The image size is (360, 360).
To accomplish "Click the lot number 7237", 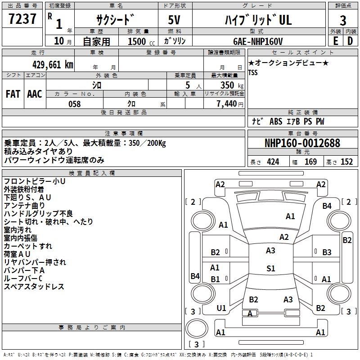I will [22, 19].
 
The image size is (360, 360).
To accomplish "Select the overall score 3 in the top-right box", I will [343, 20].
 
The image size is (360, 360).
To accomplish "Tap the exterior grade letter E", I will [335, 40].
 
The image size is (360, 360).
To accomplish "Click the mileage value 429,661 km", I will [53, 64].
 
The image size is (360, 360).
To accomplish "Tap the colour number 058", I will [74, 103].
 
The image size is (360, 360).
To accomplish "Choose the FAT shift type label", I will [13, 94].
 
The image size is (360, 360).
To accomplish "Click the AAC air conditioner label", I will [35, 94].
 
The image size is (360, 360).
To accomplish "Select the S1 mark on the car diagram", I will [270, 269].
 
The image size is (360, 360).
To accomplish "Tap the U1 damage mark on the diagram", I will [221, 308].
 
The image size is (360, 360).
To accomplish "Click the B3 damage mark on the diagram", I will [327, 252].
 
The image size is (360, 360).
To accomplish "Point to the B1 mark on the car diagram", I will [215, 279].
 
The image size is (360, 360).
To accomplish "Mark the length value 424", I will [273, 162].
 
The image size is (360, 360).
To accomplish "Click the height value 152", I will [346, 162].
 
